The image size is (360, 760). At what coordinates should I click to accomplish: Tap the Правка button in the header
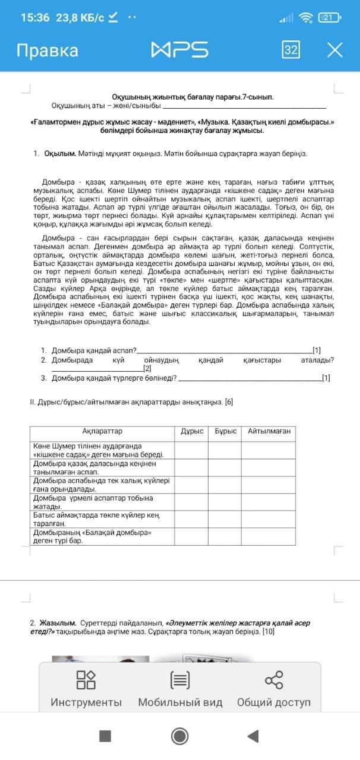[x=47, y=50]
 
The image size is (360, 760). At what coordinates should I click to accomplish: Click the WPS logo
[x=179, y=50]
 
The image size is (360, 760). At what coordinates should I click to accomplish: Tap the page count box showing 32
[x=290, y=50]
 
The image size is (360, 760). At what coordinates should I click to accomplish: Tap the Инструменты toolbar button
[x=86, y=691]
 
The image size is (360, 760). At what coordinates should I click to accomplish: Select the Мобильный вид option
[x=180, y=691]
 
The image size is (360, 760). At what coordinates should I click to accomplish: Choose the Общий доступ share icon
[x=274, y=691]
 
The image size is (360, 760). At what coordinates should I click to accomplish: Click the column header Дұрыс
[x=192, y=432]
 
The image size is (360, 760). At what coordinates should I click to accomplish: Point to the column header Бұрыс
[x=225, y=432]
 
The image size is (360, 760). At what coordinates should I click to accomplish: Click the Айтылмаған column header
[x=269, y=432]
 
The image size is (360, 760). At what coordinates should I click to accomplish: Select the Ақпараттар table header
[x=102, y=432]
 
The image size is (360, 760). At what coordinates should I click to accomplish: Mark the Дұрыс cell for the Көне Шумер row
[x=191, y=449]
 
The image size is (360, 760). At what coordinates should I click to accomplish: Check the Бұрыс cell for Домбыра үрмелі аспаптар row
[x=225, y=502]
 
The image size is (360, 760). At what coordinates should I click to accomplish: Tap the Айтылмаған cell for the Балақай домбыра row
[x=269, y=537]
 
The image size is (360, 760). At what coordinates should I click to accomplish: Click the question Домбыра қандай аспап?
[x=94, y=350]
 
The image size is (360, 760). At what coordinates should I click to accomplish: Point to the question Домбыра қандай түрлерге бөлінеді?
[x=114, y=378]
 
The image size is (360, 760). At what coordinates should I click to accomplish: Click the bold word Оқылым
[x=60, y=154]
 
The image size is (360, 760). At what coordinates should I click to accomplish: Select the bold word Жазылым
[x=58, y=623]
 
